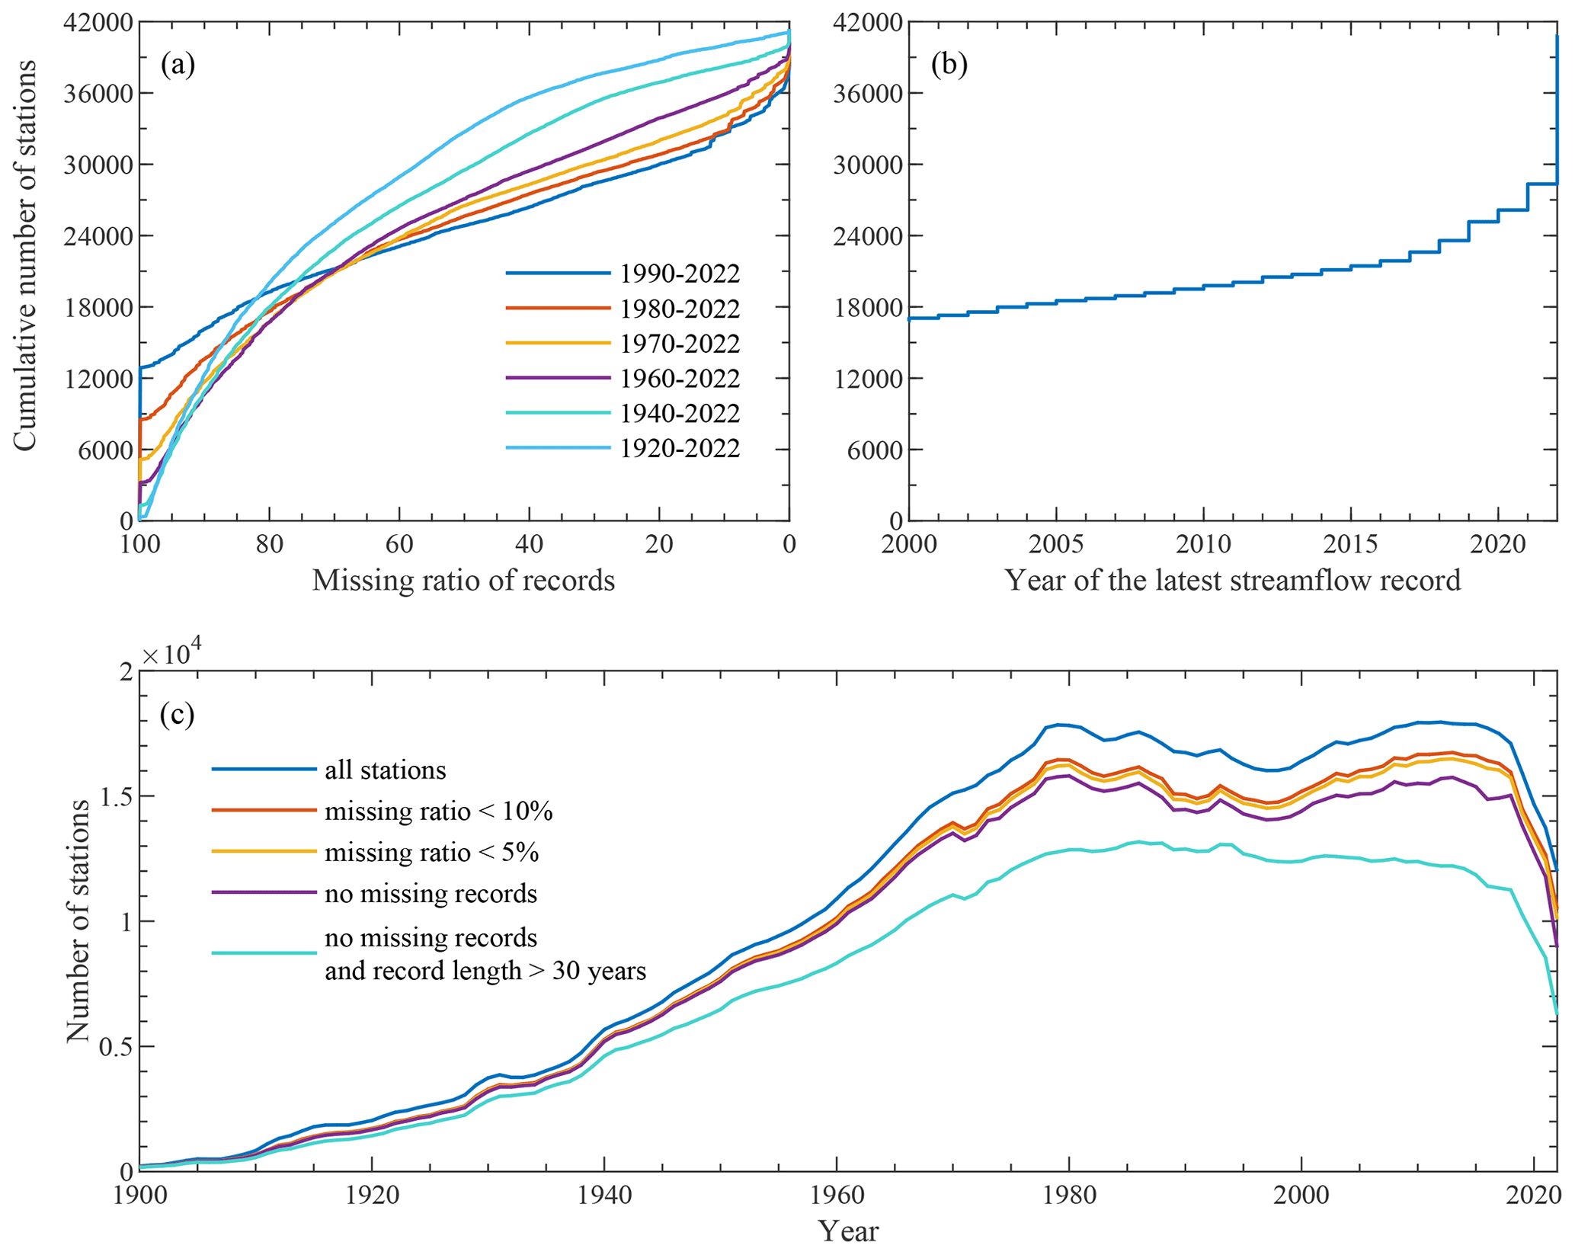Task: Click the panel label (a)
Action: tap(178, 66)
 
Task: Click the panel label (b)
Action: tap(949, 66)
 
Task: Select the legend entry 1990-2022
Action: tap(680, 274)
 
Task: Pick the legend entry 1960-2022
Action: tap(680, 379)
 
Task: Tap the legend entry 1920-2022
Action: tap(680, 448)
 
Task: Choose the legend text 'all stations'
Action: tap(386, 770)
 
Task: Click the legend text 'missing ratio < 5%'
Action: tap(432, 852)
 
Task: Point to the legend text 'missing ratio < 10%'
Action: tap(439, 811)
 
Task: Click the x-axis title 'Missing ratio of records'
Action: tap(463, 581)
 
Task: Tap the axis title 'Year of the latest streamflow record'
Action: tap(1232, 581)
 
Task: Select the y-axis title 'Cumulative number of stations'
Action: tap(25, 255)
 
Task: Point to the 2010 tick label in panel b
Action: tap(1203, 544)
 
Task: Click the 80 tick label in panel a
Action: tap(269, 544)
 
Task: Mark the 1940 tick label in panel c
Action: tap(603, 1194)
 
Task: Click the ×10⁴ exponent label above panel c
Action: tap(171, 654)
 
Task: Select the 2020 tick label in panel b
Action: tap(1497, 544)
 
